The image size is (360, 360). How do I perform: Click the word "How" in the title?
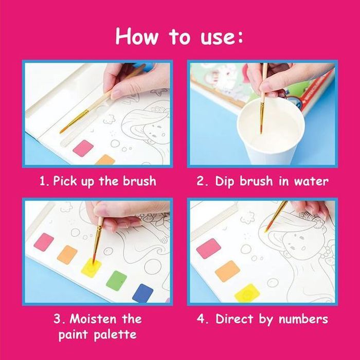(137, 37)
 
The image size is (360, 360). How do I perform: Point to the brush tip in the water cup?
(261, 130)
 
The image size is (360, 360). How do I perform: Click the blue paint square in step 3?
(142, 293)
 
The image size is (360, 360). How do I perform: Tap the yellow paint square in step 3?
(91, 267)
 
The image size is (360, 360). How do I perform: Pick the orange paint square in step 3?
(67, 255)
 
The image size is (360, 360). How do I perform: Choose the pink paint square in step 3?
(44, 242)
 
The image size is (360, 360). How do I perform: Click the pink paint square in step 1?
(83, 149)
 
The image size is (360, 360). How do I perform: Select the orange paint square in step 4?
(227, 271)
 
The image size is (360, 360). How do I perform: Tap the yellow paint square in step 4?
(247, 293)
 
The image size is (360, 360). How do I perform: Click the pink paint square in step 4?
(208, 248)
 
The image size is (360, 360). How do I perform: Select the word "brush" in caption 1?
(139, 181)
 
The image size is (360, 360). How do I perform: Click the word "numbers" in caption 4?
(303, 319)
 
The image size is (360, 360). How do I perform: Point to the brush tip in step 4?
(266, 230)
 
